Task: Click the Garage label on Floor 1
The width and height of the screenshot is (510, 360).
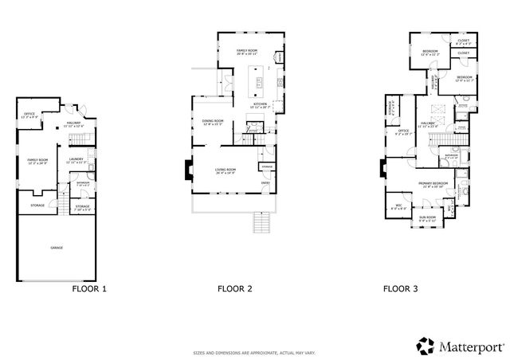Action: (57, 248)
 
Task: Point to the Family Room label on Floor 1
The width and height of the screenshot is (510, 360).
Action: (38, 162)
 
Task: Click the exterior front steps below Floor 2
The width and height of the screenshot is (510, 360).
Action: (257, 222)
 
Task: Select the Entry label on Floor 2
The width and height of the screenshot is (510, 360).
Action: (266, 182)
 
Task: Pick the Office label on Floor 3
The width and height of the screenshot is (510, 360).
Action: (404, 133)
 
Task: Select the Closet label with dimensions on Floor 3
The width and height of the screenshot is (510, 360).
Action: (463, 41)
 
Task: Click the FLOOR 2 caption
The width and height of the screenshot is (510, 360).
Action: (234, 290)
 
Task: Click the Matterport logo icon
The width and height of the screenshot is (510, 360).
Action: (426, 346)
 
